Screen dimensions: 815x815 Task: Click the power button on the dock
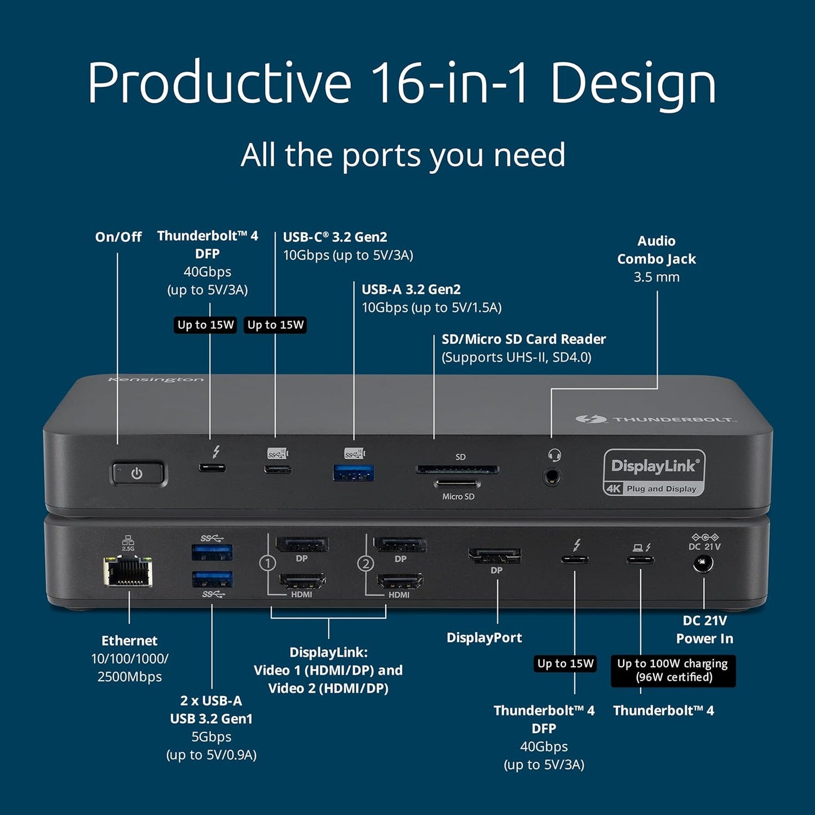coord(138,474)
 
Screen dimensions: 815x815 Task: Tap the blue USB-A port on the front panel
coord(354,473)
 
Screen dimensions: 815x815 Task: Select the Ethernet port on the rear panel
coord(128,571)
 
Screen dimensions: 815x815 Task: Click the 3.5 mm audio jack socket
coord(552,477)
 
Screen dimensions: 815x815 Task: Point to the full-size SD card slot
coord(457,469)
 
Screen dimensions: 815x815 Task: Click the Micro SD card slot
coord(457,483)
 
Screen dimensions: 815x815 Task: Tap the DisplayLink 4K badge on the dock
coord(654,473)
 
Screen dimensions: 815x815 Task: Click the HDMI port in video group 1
coord(302,581)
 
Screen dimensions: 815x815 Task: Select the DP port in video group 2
coord(400,545)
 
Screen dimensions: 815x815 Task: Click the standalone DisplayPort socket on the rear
coord(495,556)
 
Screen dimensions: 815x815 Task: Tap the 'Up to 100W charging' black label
coord(673,670)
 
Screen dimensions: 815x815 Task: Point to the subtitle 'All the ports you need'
coord(403,155)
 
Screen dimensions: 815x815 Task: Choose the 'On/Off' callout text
coord(118,237)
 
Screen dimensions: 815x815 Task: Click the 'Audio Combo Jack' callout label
coord(657,250)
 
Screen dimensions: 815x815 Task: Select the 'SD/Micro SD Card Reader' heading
coord(523,339)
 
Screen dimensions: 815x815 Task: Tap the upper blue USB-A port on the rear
coord(212,552)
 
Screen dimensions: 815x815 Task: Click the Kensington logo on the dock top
coord(156,380)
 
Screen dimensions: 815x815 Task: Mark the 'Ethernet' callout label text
coord(129,641)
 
